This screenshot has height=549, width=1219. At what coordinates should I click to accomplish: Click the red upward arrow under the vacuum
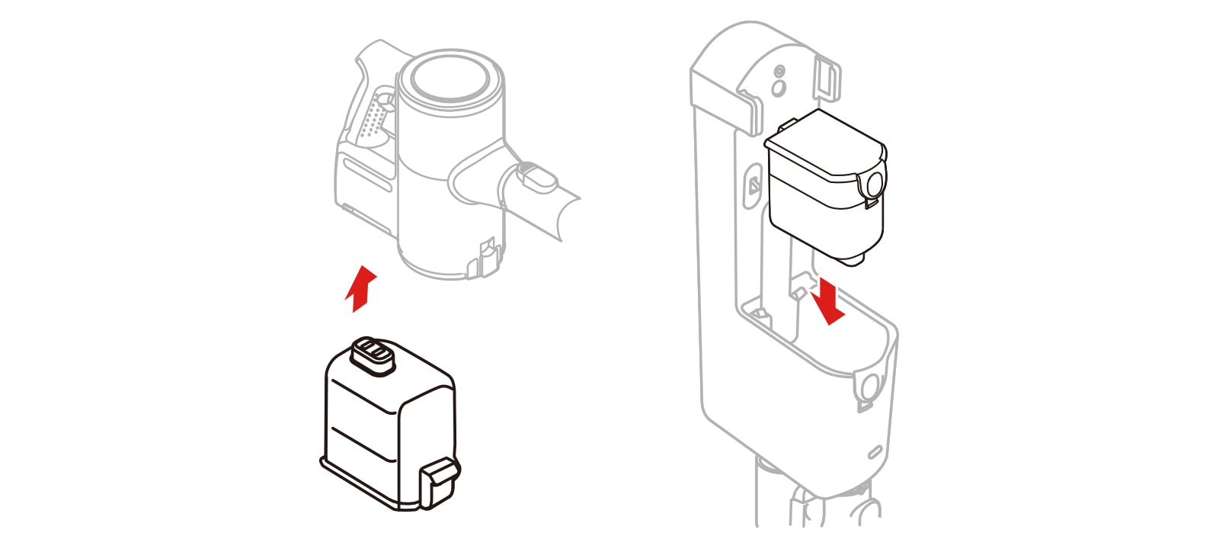[360, 289]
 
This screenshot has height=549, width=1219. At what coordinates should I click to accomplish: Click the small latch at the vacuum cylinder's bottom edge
[485, 258]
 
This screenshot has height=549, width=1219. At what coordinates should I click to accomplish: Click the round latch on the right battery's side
[873, 183]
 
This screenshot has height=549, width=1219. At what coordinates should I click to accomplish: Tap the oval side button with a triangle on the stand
[751, 185]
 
